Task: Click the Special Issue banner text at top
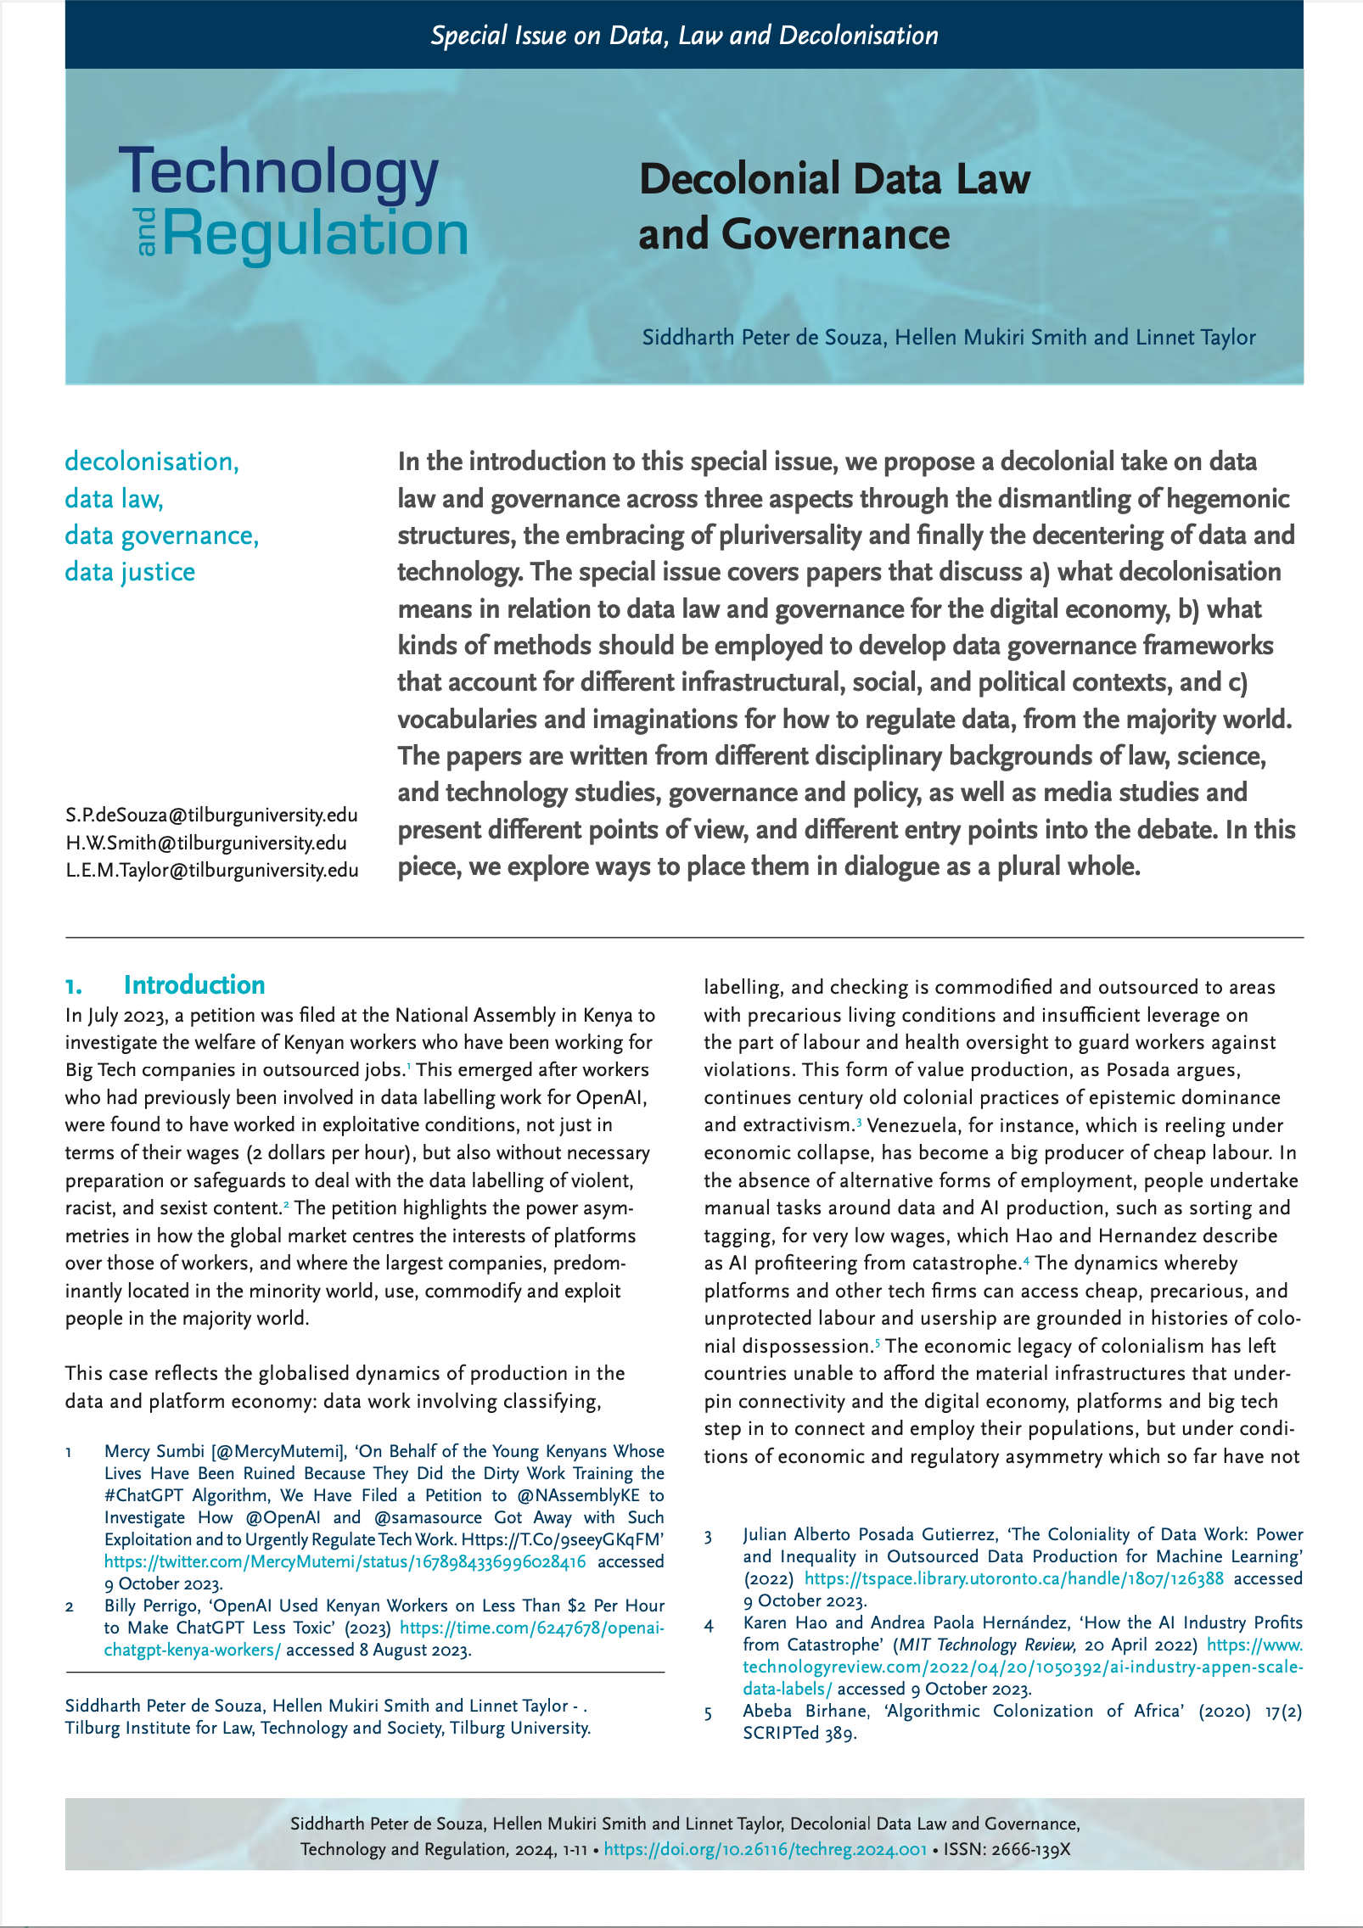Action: [x=684, y=35]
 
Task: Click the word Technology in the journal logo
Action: [x=278, y=172]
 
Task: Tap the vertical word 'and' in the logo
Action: [x=146, y=231]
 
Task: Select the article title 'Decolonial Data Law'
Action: [x=833, y=179]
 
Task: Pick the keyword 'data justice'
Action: [x=130, y=572]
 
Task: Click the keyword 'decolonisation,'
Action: [x=152, y=462]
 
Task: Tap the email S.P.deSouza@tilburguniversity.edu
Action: [x=211, y=815]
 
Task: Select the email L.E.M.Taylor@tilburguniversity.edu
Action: [x=211, y=871]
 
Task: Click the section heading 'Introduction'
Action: [x=194, y=984]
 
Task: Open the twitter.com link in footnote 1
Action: [x=345, y=1561]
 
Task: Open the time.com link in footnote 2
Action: [x=531, y=1628]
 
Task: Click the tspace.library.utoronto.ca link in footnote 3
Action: [x=1013, y=1578]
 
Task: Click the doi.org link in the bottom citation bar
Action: [x=765, y=1849]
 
